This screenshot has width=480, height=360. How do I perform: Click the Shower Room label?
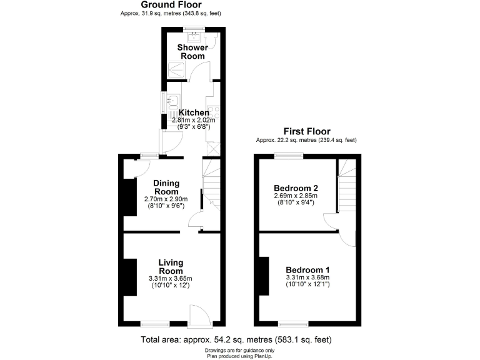click(191, 52)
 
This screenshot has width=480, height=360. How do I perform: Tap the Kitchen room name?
click(194, 112)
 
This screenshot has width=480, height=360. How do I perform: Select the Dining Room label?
click(167, 187)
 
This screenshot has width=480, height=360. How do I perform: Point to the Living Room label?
click(170, 267)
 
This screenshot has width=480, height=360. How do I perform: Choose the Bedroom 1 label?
click(307, 269)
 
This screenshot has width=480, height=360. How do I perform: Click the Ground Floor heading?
click(171, 5)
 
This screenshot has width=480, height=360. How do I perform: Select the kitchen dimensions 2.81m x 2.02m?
click(192, 120)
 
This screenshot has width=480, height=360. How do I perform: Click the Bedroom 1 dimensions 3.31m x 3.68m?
click(307, 277)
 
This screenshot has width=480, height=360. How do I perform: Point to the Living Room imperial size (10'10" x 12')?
click(170, 286)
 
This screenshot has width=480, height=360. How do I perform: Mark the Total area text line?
click(236, 340)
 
